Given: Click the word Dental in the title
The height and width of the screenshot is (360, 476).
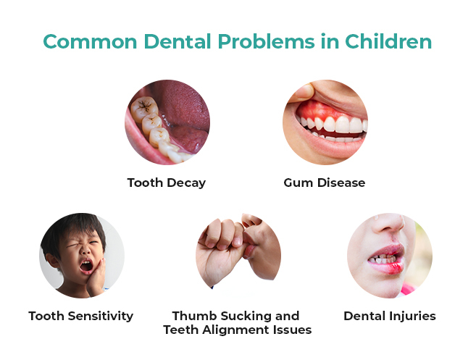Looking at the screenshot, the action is pyautogui.click(x=178, y=41).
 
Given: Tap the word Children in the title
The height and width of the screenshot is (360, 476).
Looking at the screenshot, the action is pyautogui.click(x=388, y=41).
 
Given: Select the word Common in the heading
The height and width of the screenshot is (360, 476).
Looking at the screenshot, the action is pyautogui.click(x=90, y=41).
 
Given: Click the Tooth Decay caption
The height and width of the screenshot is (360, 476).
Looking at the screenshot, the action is pyautogui.click(x=167, y=183).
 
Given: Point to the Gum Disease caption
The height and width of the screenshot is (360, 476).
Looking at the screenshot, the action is pyautogui.click(x=324, y=183).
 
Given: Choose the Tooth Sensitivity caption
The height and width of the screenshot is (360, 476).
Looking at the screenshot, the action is pyautogui.click(x=80, y=316).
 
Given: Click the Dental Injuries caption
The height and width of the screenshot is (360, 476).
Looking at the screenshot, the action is pyautogui.click(x=390, y=316).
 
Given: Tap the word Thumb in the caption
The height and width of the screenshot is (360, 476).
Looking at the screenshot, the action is pyautogui.click(x=194, y=316).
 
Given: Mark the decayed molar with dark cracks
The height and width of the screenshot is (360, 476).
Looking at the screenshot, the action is pyautogui.click(x=143, y=109).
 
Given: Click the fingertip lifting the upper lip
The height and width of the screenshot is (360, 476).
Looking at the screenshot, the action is pyautogui.click(x=304, y=92).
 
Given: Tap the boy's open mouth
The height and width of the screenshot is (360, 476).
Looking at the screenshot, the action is pyautogui.click(x=86, y=267).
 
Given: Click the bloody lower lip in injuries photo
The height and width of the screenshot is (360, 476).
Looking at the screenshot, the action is pyautogui.click(x=388, y=267).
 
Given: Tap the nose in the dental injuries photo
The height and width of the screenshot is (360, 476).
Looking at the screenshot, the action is pyautogui.click(x=389, y=224).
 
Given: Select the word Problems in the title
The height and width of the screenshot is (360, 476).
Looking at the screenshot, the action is pyautogui.click(x=266, y=41).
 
